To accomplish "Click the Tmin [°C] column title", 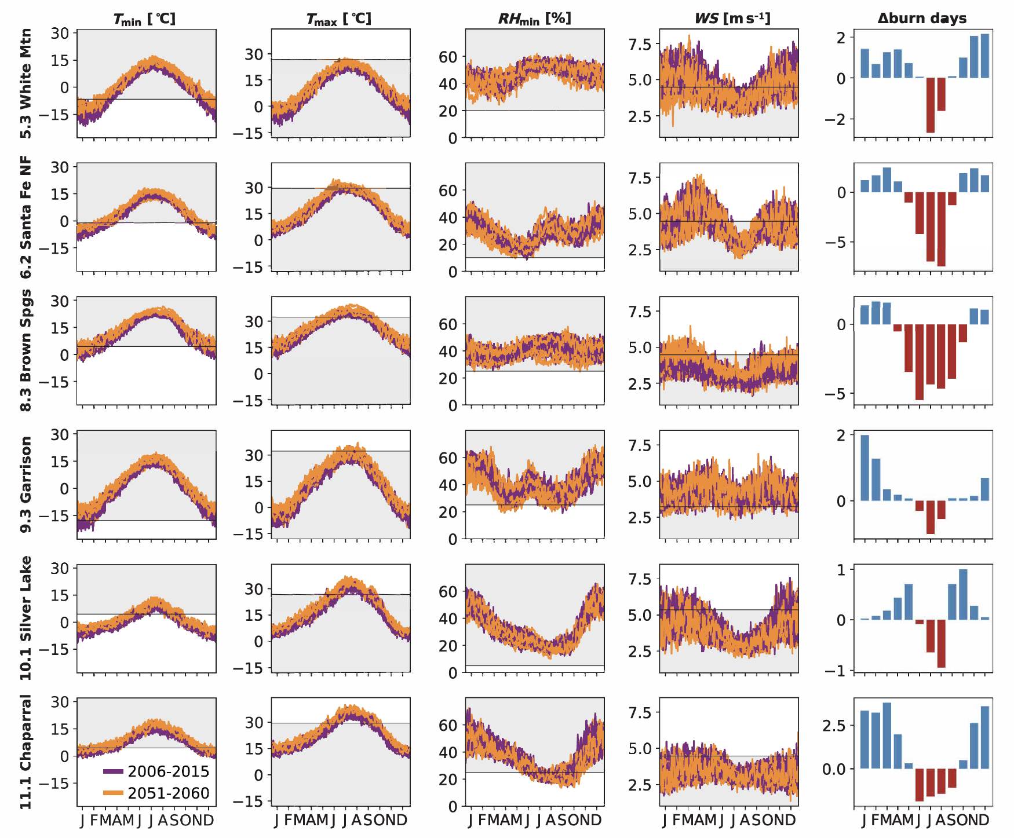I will (144, 19).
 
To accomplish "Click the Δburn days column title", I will (922, 19).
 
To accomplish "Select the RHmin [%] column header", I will (534, 19).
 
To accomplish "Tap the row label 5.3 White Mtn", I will (26, 84).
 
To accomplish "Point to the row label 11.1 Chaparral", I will (26, 752).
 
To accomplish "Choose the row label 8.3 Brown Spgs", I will (26, 351).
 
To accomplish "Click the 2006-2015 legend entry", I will (156, 771).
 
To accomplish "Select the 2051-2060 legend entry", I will (156, 793).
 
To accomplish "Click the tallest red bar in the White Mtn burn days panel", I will (931, 105).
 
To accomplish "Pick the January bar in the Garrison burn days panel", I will (865, 468).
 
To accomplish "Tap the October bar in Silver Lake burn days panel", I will (963, 595).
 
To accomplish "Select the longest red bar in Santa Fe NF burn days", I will (942, 229).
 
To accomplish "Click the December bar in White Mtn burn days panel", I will (985, 56).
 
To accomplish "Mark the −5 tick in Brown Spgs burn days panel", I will (838, 394).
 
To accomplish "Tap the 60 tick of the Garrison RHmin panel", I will (448, 458).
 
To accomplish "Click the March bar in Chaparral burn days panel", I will (887, 735).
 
